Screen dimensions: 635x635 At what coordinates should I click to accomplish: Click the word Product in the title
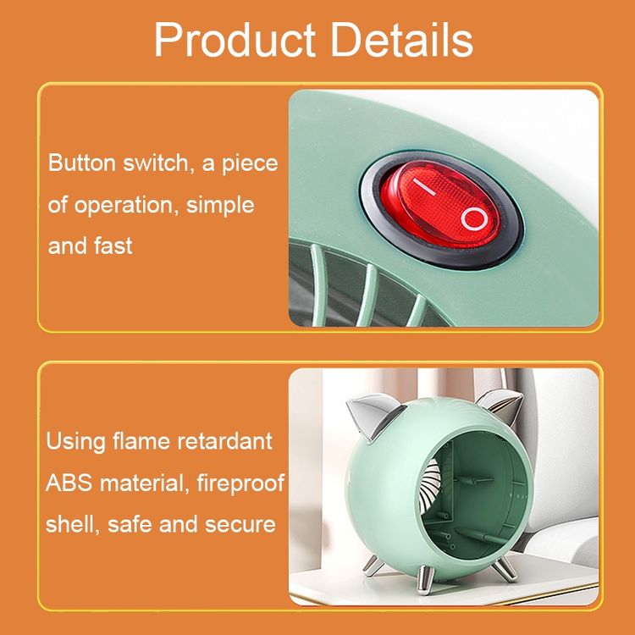coord(235,40)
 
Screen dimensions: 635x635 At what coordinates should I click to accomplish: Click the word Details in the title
coord(402,39)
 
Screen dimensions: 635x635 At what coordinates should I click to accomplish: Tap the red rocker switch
coord(440,204)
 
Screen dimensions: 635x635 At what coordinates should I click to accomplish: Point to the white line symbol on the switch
coord(424,186)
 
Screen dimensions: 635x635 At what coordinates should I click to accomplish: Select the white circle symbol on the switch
coord(474,218)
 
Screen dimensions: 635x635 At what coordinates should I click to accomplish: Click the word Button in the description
coord(82,163)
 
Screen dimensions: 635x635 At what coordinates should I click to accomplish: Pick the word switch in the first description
coord(156,163)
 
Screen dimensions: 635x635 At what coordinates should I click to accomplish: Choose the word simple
coord(220,206)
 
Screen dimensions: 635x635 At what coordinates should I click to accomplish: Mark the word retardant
coord(225,441)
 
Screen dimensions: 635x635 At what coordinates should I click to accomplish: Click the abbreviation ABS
coord(69,483)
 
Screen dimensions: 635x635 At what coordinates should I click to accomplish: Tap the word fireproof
coord(240,483)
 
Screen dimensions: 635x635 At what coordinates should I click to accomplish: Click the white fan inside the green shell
coord(429,487)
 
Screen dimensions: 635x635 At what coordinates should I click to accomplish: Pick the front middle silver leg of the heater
coord(425,579)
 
